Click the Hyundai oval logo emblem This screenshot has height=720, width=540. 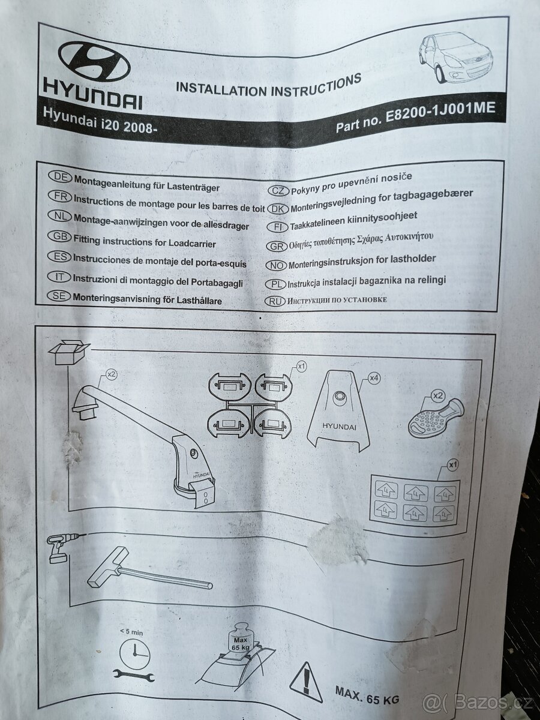[x=94, y=64]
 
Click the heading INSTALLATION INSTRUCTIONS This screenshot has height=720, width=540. [x=269, y=85]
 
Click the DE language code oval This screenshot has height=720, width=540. [x=60, y=177]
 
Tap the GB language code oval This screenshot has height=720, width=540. [x=59, y=237]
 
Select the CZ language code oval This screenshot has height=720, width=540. [x=278, y=191]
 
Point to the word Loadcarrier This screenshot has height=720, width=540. [x=192, y=244]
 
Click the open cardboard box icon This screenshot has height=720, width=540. [x=68, y=352]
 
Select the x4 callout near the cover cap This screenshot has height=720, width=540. [x=374, y=378]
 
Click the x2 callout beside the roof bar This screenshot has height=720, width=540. [x=112, y=374]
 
